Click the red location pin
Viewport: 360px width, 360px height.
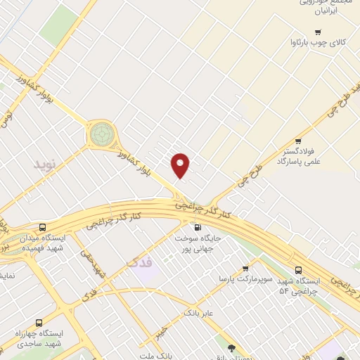(x=181, y=165)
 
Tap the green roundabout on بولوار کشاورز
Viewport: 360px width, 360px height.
(x=101, y=132)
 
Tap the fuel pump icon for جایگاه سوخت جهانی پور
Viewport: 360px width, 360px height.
(x=197, y=227)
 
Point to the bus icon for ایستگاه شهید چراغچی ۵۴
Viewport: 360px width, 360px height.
(x=300, y=269)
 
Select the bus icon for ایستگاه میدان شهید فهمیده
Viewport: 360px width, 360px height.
(x=43, y=228)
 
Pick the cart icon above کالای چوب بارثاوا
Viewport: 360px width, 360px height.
(x=318, y=32)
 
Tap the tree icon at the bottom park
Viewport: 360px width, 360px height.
(x=231, y=347)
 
